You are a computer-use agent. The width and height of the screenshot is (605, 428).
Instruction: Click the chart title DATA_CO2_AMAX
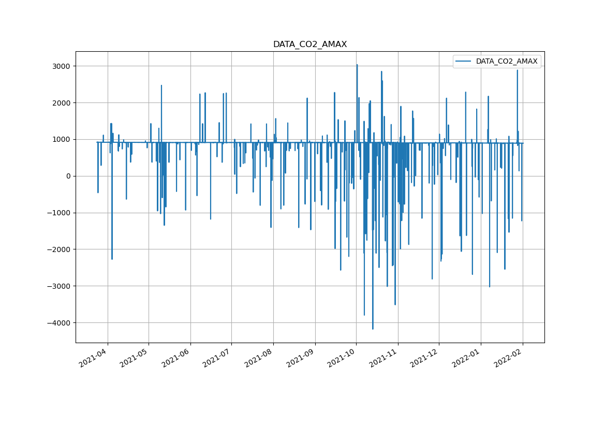(x=310, y=45)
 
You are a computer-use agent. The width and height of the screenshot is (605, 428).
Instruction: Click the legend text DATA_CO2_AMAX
(x=507, y=62)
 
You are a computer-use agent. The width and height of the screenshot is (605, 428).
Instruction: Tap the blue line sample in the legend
(x=464, y=62)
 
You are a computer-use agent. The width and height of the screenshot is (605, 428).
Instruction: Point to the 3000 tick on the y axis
(x=62, y=66)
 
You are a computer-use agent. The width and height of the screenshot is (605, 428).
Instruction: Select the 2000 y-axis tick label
(x=62, y=103)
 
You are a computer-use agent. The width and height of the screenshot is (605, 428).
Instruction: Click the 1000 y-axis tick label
(x=62, y=140)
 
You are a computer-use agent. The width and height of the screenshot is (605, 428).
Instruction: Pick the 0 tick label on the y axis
(x=68, y=176)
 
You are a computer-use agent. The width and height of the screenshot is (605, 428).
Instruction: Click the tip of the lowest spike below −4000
(x=373, y=329)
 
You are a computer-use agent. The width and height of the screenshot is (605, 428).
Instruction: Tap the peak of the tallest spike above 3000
(x=357, y=65)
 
